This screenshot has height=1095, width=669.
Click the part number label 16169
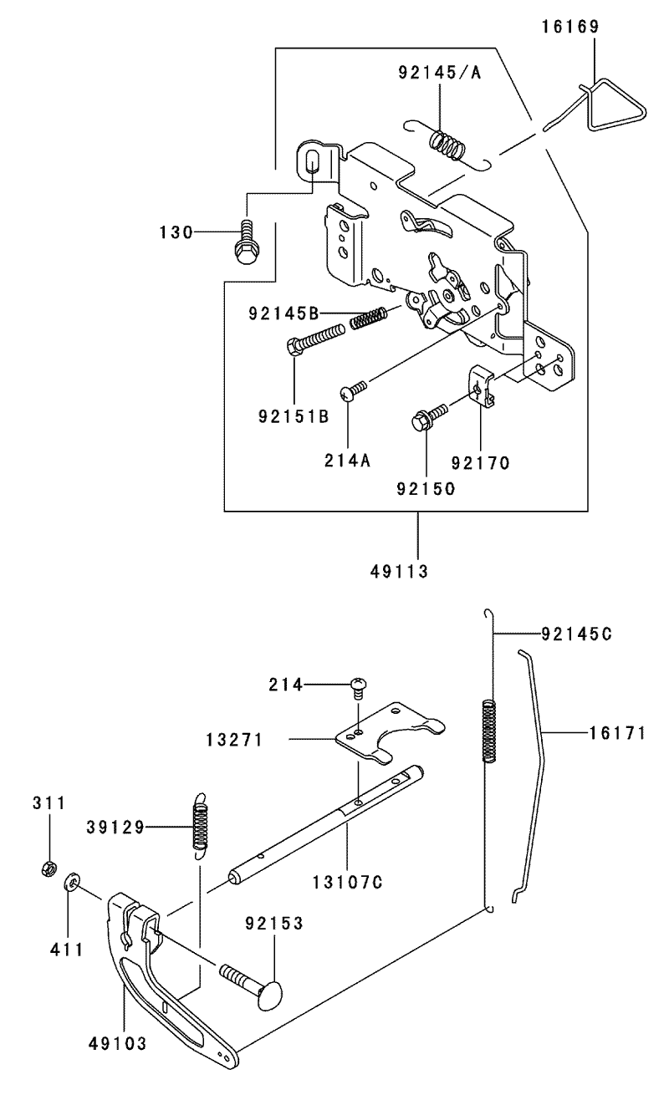569,27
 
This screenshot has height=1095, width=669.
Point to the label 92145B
283,313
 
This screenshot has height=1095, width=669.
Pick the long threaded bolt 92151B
315,338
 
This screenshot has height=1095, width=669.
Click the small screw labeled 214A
353,390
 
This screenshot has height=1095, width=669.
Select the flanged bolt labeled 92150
429,416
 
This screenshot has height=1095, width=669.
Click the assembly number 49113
399,571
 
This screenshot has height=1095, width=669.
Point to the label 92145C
576,634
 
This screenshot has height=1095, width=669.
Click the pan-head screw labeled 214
359,686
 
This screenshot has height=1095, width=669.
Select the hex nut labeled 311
49,868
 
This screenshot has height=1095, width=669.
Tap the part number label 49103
117,1044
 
